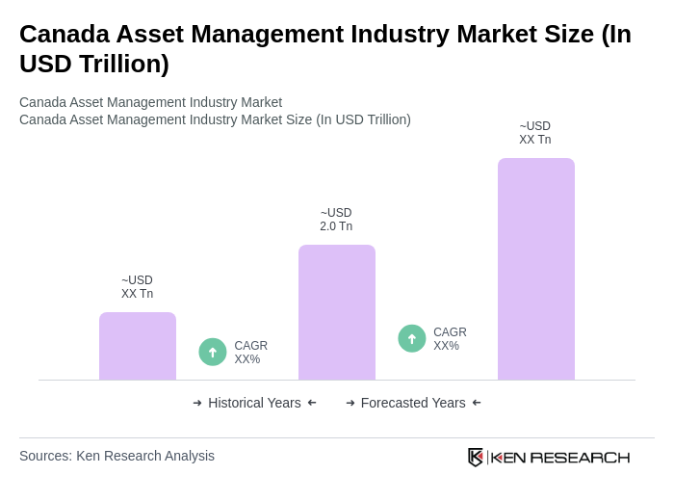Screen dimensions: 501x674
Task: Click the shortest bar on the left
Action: point(138,346)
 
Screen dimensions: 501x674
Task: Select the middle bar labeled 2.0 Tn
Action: point(337,312)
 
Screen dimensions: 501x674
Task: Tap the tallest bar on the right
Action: point(536,269)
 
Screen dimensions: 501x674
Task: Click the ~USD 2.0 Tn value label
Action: point(336,220)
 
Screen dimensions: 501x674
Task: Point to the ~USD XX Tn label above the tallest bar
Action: point(535,133)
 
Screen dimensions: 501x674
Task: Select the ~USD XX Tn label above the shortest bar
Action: point(137,287)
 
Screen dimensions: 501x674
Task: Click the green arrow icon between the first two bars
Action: point(213,352)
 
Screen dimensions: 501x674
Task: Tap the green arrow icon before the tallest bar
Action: point(412,338)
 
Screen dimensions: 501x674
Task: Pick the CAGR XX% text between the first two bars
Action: point(250,353)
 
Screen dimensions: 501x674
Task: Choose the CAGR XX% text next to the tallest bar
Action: point(450,339)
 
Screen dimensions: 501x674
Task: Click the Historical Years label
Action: point(254,403)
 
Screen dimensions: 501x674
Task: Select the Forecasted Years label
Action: point(413,403)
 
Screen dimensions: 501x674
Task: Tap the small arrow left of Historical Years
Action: point(197,403)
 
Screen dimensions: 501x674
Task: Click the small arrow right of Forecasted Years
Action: point(477,403)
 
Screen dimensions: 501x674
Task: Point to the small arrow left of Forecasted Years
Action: point(350,403)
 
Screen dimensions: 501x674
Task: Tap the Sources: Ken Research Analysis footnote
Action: point(117,456)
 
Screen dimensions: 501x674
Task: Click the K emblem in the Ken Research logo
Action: point(476,457)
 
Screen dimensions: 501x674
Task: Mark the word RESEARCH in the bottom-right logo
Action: point(580,457)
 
